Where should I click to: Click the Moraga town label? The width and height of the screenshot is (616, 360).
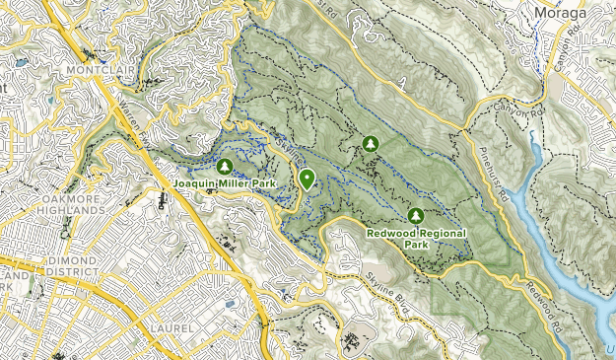582,13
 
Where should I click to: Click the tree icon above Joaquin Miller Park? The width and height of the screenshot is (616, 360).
224,167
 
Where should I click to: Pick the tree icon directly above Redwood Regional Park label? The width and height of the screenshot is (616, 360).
415,215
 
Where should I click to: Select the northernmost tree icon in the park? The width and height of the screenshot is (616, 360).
371,144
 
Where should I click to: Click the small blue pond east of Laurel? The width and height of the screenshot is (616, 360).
230,305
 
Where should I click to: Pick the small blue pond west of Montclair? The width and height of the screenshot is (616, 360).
20,62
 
